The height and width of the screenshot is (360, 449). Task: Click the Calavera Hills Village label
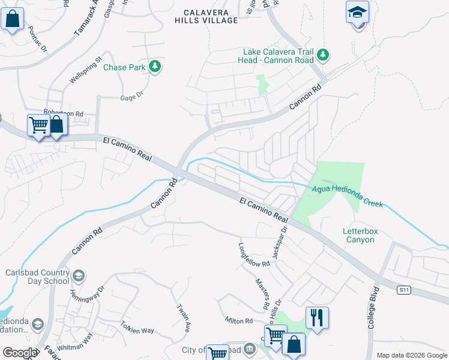click(206, 16)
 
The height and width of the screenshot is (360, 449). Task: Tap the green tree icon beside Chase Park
click(155, 67)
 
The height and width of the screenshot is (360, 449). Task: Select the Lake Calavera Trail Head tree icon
click(324, 55)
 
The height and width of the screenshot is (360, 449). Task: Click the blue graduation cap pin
click(357, 13)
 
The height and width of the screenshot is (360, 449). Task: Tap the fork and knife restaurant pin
click(318, 317)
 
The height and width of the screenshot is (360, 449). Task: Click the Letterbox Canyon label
click(358, 235)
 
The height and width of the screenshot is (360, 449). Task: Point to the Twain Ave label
click(184, 318)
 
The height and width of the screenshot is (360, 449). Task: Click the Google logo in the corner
click(19, 353)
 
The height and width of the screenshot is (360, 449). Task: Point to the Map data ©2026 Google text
click(411, 355)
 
